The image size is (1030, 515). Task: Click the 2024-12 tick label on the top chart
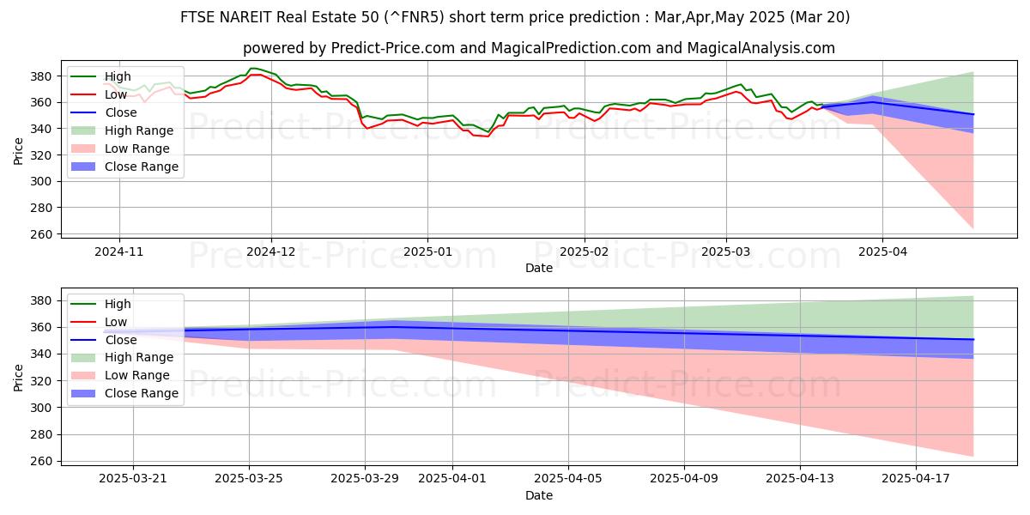pyautogui.click(x=271, y=252)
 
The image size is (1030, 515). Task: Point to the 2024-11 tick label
pyautogui.click(x=118, y=252)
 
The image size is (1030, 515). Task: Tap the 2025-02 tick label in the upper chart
pyautogui.click(x=585, y=252)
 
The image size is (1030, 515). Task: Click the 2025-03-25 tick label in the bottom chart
pyautogui.click(x=249, y=479)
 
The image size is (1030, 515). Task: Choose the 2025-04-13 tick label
pyautogui.click(x=800, y=479)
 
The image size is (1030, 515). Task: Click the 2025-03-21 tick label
pyautogui.click(x=133, y=479)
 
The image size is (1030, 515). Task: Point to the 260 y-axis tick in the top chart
pyautogui.click(x=44, y=234)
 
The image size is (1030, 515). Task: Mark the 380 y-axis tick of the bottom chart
pyautogui.click(x=44, y=300)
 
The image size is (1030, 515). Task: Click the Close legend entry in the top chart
pyautogui.click(x=121, y=112)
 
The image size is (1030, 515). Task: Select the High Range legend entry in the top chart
pyautogui.click(x=139, y=130)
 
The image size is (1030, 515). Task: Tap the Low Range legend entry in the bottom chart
pyautogui.click(x=137, y=375)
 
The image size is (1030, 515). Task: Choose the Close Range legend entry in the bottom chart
pyautogui.click(x=142, y=393)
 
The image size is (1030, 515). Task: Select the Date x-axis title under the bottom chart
pyautogui.click(x=539, y=495)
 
